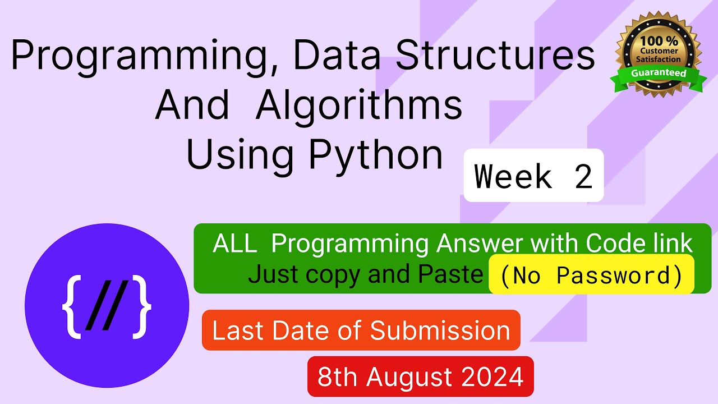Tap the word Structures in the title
click(495, 54)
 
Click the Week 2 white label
click(533, 176)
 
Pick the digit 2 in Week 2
click(583, 176)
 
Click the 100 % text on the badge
click(659, 41)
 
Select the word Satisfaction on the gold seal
click(659, 59)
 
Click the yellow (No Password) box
click(591, 274)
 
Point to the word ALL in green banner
click(235, 244)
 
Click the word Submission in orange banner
click(440, 330)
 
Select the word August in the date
click(409, 378)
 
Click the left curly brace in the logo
click(71, 307)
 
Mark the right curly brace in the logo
click(141, 307)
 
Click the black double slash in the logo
click(107, 305)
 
